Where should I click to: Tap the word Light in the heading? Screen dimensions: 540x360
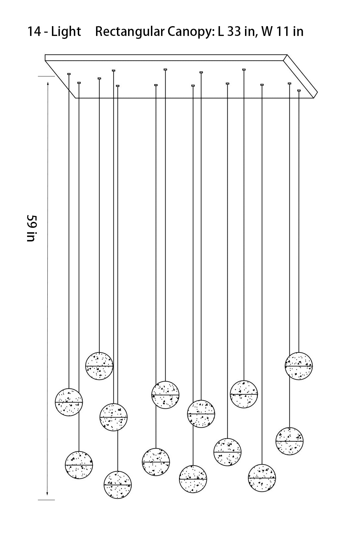tap(66, 32)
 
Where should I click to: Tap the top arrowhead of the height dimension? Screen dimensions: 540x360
tap(48, 84)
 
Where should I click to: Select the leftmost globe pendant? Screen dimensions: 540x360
tap(69, 402)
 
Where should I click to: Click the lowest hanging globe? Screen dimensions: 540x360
tap(118, 484)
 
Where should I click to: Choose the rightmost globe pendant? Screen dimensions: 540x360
tap(299, 366)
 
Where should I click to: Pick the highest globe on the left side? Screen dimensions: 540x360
tap(99, 366)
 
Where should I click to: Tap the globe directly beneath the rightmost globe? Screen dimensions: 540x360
tap(289, 441)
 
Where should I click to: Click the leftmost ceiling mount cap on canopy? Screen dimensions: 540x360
tap(69, 74)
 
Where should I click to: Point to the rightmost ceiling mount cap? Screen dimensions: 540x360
tap(299, 90)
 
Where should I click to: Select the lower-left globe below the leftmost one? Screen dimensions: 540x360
tap(79, 465)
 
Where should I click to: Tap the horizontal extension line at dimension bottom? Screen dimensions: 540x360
tap(46, 500)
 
